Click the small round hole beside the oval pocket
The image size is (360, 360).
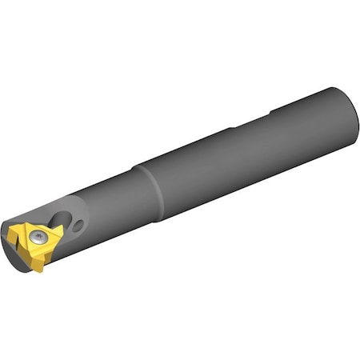(x=77, y=226)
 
